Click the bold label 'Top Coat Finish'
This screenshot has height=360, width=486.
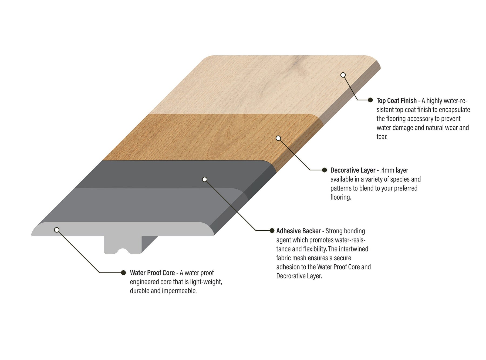(x=397, y=101)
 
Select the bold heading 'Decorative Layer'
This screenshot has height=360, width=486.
(x=353, y=170)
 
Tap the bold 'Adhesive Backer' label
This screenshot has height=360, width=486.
(x=298, y=231)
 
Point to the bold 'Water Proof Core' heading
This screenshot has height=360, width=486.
(x=152, y=273)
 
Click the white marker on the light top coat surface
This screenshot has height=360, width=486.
(x=343, y=75)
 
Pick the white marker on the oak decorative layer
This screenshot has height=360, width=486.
(x=278, y=138)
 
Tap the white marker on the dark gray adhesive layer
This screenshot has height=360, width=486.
(x=205, y=179)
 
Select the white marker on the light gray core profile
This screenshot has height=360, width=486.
(x=57, y=230)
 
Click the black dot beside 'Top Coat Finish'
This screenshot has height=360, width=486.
(x=370, y=100)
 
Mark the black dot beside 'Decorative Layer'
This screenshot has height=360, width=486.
(x=325, y=170)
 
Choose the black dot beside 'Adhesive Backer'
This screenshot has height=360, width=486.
(x=272, y=230)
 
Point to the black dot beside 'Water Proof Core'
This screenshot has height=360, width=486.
(x=123, y=272)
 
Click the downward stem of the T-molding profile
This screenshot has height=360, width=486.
(x=123, y=245)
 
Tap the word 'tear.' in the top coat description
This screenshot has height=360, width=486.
(x=382, y=137)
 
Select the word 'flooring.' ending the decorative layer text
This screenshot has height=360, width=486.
(x=341, y=197)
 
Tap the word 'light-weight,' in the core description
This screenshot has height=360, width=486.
(x=206, y=282)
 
